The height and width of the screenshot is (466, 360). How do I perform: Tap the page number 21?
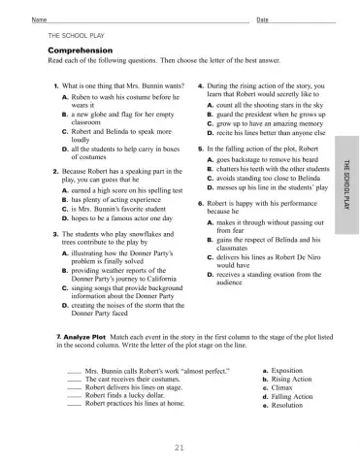pyautogui.click(x=180, y=447)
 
